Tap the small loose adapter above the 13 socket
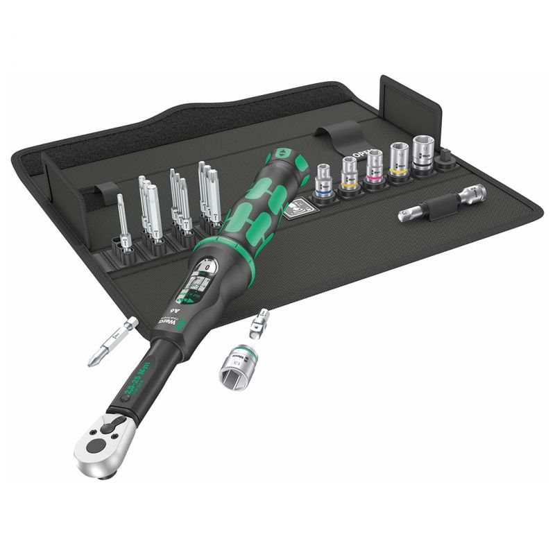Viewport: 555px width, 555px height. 262,321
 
